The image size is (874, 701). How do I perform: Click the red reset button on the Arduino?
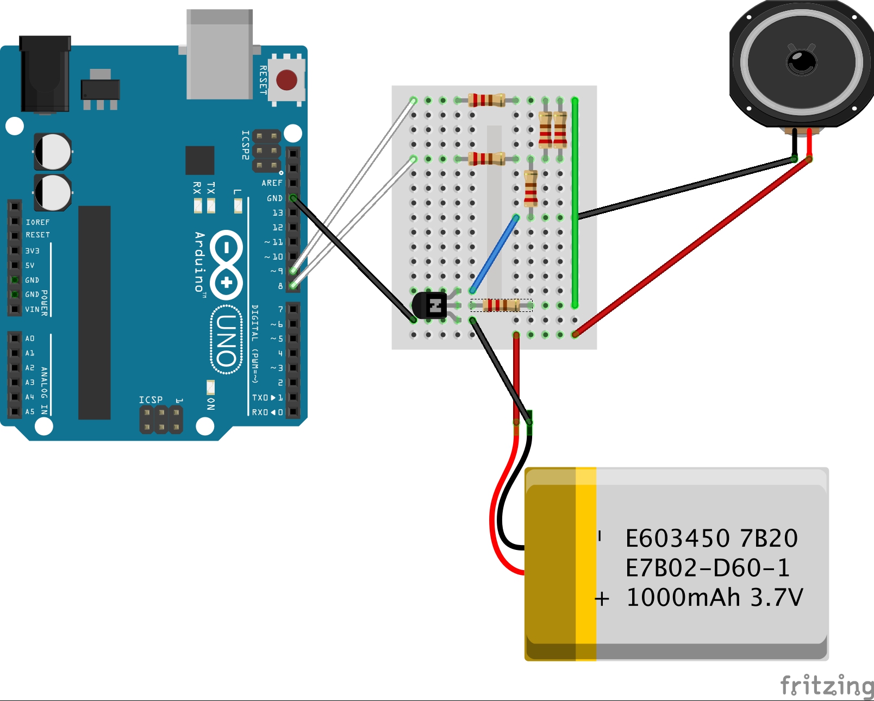pos(286,80)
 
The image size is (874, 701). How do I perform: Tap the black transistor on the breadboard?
pos(429,305)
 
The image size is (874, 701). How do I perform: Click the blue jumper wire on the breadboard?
pos(494,254)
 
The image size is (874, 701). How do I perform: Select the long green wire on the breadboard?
pos(575,204)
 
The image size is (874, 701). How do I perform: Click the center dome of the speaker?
pos(801,61)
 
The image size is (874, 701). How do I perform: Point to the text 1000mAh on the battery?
pos(683,598)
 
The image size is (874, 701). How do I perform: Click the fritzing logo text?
pos(826,685)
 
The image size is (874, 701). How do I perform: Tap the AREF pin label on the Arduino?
pos(272,183)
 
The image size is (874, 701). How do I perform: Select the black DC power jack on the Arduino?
pos(45,73)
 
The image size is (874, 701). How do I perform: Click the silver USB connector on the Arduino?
pos(220,54)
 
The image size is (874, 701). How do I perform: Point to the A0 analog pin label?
pos(30,339)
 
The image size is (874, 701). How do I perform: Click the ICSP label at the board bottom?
pos(151,400)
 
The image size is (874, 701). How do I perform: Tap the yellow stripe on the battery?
pos(586,563)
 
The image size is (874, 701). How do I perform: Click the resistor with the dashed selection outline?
pos(501,305)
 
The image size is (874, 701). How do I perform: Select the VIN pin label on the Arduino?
pos(32,309)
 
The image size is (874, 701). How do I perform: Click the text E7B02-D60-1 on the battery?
pos(707,568)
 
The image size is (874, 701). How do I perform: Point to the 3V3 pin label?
pos(32,251)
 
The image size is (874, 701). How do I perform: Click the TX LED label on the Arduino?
pos(211,188)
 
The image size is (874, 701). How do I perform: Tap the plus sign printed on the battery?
pos(602,599)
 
